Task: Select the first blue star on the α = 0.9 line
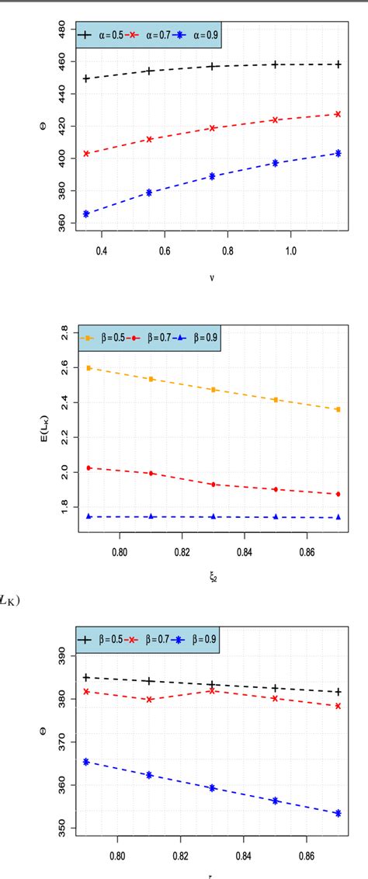pos(86,214)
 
